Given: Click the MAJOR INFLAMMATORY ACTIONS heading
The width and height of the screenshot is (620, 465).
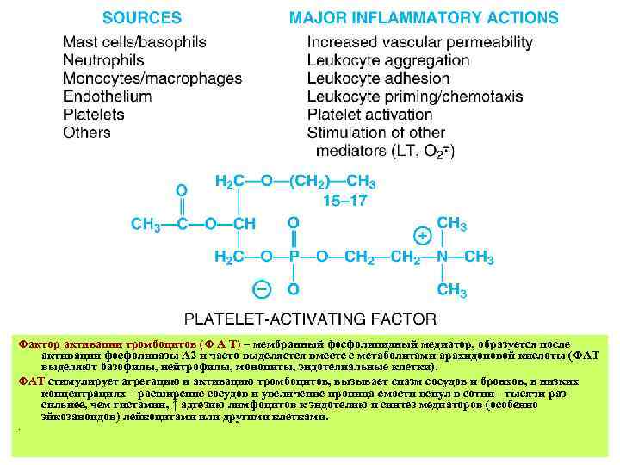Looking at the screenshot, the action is click(423, 17).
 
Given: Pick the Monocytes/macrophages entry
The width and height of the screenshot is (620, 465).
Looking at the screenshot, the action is click(152, 78).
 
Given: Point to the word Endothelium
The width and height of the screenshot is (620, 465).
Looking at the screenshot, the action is click(107, 96).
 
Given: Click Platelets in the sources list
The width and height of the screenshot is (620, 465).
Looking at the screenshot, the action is click(94, 115).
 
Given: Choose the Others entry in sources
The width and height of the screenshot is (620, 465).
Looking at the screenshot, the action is click(87, 133).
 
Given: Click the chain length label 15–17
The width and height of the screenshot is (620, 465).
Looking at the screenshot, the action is click(341, 201).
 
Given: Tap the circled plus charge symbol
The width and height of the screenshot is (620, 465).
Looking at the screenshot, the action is click(422, 235).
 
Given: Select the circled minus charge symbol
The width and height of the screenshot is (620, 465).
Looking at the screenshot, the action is click(260, 288).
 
